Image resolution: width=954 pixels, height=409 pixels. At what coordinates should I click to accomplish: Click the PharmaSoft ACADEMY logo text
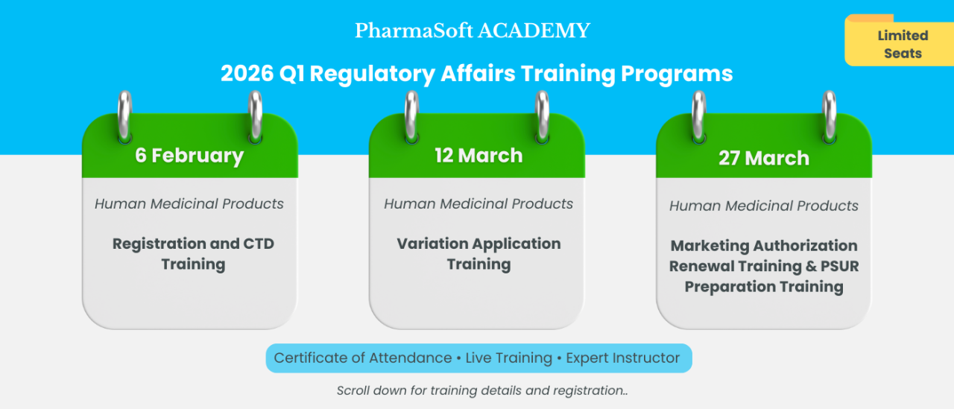pyautogui.click(x=473, y=31)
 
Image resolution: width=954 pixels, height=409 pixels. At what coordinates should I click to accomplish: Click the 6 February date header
pyautogui.click(x=189, y=156)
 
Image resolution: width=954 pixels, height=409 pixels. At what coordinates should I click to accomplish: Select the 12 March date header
pyautogui.click(x=478, y=156)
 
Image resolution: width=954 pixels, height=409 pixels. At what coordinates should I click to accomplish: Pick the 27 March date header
pyautogui.click(x=763, y=158)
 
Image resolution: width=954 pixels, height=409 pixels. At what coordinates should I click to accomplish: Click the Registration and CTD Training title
pyautogui.click(x=193, y=253)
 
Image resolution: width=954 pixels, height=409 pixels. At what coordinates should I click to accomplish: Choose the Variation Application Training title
pyautogui.click(x=478, y=253)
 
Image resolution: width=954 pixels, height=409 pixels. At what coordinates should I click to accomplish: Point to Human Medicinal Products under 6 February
pyautogui.click(x=189, y=203)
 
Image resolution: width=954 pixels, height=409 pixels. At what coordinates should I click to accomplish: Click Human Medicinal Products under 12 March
pyautogui.click(x=478, y=203)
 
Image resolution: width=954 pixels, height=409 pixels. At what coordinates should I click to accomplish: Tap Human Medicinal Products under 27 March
pyautogui.click(x=764, y=206)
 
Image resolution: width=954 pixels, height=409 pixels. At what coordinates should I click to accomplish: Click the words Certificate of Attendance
pyautogui.click(x=362, y=358)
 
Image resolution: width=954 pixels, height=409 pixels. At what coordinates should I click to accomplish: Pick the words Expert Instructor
pyautogui.click(x=623, y=358)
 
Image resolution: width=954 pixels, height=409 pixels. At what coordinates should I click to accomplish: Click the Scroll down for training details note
pyautogui.click(x=482, y=390)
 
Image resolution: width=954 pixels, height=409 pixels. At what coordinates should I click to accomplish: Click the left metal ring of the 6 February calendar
pyautogui.click(x=125, y=115)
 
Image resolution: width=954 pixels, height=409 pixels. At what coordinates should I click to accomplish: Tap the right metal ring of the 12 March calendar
pyautogui.click(x=543, y=115)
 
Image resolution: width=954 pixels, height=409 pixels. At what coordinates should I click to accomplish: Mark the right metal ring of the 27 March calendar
pyautogui.click(x=830, y=115)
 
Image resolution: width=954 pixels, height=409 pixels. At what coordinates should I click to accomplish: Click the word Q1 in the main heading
pyautogui.click(x=293, y=74)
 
